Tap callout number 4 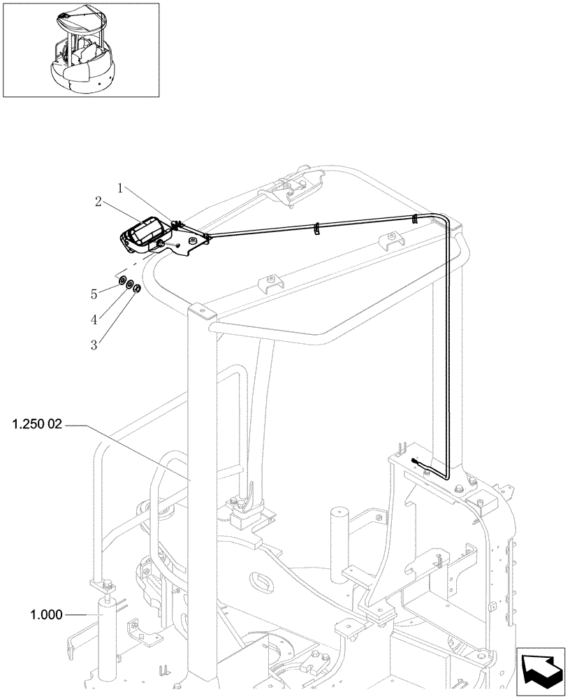tap(94, 318)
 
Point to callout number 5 tap(94, 294)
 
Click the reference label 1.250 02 tap(36, 424)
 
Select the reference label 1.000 tap(46, 614)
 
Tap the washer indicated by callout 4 tap(130, 285)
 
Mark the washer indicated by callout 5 tap(122, 281)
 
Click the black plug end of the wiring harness tap(417, 461)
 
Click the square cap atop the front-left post tap(200, 312)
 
